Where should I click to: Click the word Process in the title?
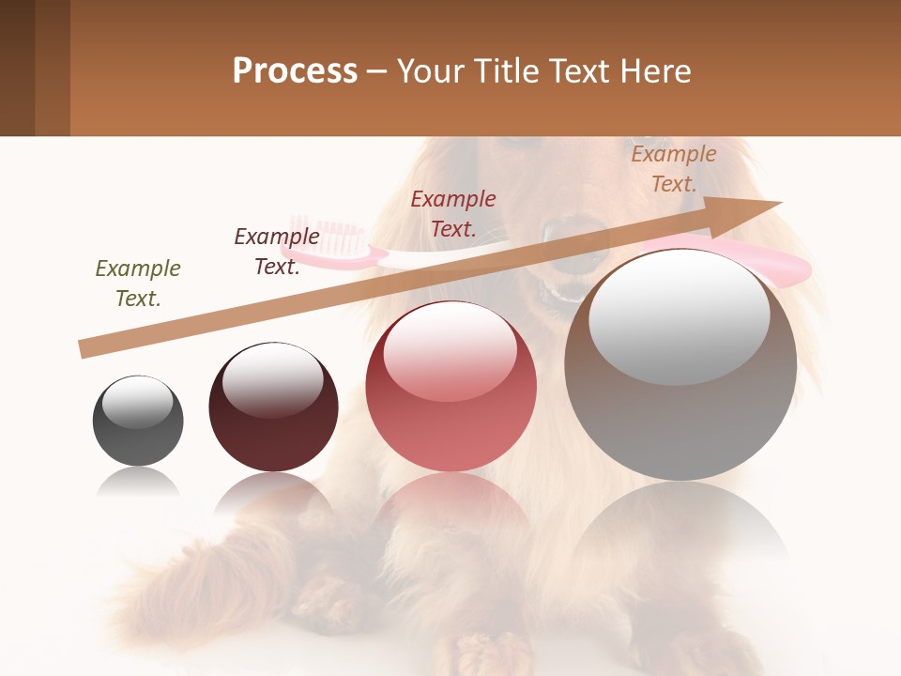295,71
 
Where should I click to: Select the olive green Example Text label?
138,284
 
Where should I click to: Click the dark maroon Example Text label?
277,252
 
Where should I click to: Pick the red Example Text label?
453,214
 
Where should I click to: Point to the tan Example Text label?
674,169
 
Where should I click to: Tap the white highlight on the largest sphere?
680,317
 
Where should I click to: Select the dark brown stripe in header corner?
17,68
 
